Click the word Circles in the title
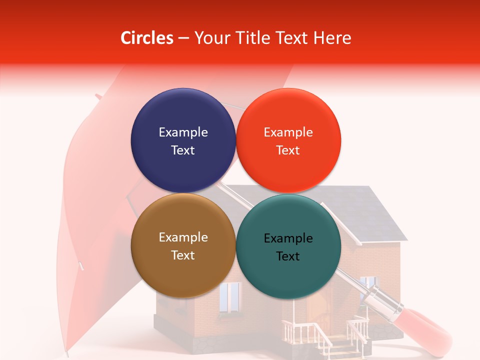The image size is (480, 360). [x=146, y=38]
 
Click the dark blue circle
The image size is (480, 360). [x=183, y=140]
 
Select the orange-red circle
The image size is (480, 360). [x=288, y=140]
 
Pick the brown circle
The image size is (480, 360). [x=183, y=245]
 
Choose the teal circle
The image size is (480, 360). [x=288, y=246]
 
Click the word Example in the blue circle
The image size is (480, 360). [x=183, y=132]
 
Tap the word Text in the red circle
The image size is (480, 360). [x=288, y=150]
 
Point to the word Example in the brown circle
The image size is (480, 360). [x=183, y=237]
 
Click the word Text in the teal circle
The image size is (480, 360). [x=288, y=256]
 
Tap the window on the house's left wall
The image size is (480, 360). [x=230, y=296]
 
